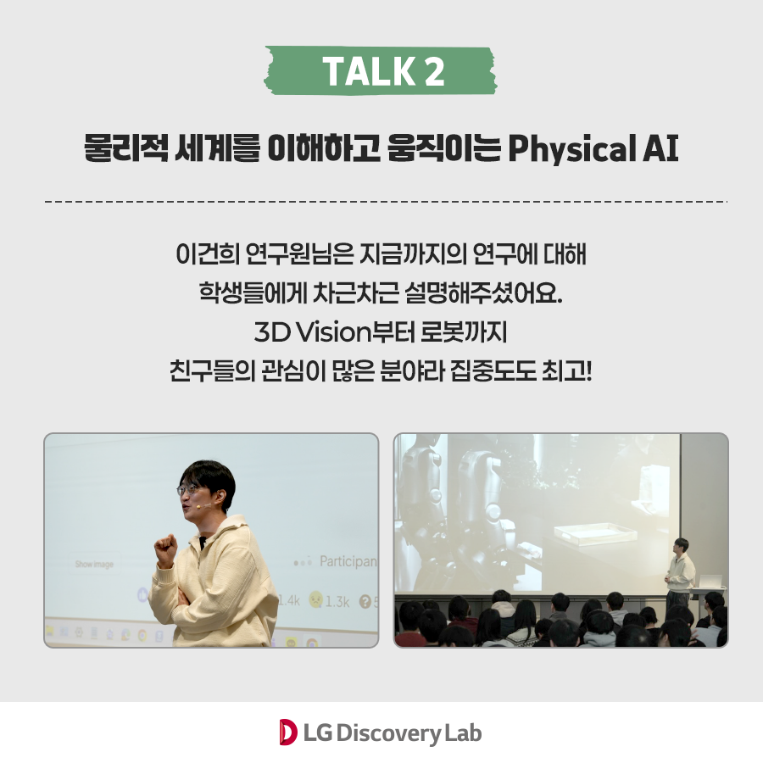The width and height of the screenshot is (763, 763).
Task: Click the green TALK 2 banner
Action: click(x=381, y=70)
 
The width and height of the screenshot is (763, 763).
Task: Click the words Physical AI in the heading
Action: click(x=593, y=148)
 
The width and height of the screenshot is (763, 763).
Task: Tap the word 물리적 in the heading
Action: click(x=126, y=148)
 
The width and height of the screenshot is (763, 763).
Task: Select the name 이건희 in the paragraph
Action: click(x=208, y=253)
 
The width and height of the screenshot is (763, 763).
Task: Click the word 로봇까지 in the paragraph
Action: click(x=464, y=332)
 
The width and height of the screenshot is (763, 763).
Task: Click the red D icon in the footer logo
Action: click(x=288, y=732)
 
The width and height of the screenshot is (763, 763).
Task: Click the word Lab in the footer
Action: click(x=463, y=732)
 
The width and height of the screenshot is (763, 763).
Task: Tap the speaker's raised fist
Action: click(x=165, y=550)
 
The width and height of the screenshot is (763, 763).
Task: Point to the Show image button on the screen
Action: click(x=94, y=564)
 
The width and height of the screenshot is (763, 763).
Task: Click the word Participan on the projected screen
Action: click(x=348, y=561)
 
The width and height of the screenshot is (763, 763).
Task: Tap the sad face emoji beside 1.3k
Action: click(x=316, y=599)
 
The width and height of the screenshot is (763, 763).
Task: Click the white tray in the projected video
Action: click(x=595, y=534)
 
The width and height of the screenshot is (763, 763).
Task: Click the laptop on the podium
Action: click(x=710, y=581)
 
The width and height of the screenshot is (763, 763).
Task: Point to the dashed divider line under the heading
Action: click(x=386, y=201)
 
